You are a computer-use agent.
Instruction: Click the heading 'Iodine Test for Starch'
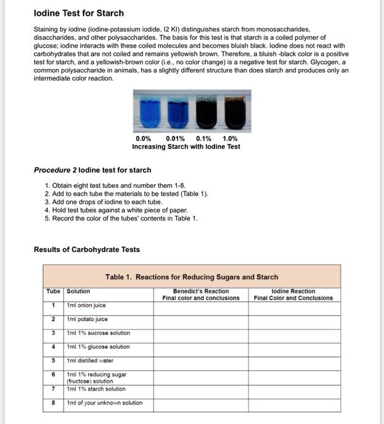(79, 13)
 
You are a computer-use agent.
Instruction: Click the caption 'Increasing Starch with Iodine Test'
(186, 147)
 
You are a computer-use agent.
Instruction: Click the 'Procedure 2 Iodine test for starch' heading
(93, 170)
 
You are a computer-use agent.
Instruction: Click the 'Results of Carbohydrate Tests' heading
(87, 250)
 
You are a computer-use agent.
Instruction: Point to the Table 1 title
(191, 277)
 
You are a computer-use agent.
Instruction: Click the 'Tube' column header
(53, 291)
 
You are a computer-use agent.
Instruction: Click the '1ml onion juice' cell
(88, 306)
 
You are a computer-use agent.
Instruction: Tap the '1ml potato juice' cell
(88, 319)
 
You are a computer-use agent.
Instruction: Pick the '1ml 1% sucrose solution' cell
(98, 333)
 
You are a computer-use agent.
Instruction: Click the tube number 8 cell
(53, 403)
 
